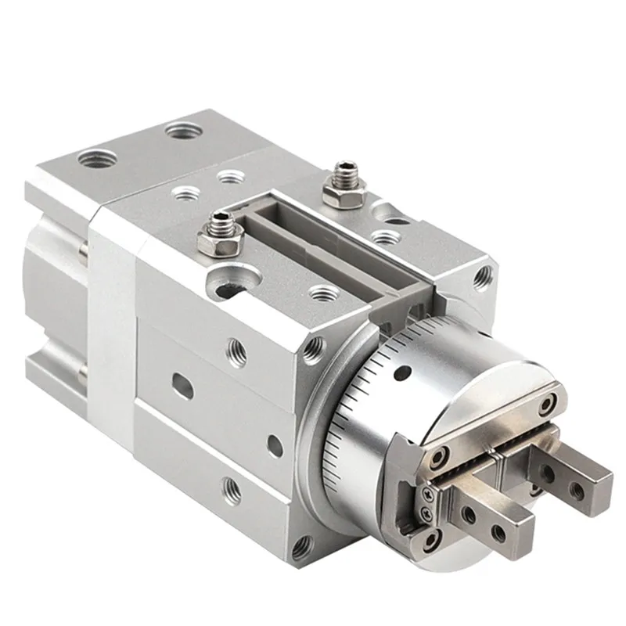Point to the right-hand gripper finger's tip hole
point(577,489)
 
